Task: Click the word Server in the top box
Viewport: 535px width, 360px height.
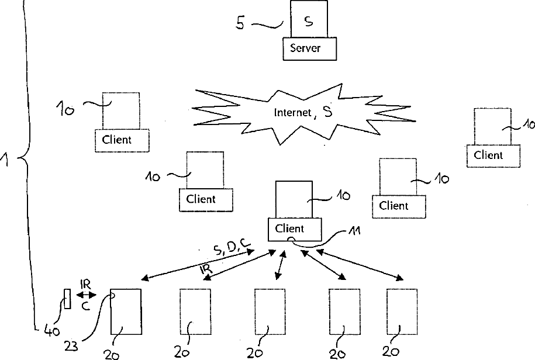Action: pyautogui.click(x=305, y=48)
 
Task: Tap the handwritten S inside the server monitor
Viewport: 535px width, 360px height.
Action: pyautogui.click(x=309, y=22)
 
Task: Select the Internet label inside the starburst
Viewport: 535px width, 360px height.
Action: pyautogui.click(x=293, y=112)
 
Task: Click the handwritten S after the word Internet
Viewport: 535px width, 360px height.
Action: pyautogui.click(x=327, y=112)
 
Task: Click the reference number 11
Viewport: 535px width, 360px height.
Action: pyautogui.click(x=354, y=231)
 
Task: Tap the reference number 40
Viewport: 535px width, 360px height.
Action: pyautogui.click(x=52, y=331)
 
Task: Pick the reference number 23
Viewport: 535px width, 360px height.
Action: pyautogui.click(x=71, y=347)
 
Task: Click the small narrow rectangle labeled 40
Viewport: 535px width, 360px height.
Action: pyautogui.click(x=68, y=299)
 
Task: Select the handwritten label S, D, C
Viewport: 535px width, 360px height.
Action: pyautogui.click(x=232, y=248)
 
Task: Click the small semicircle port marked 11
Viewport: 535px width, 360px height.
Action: pyautogui.click(x=289, y=240)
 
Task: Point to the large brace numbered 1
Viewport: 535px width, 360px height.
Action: pyautogui.click(x=27, y=158)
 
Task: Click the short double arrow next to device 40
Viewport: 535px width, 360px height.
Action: pyautogui.click(x=87, y=295)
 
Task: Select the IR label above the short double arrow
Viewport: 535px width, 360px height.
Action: pyautogui.click(x=85, y=284)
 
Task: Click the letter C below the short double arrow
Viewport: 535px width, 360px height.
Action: pyautogui.click(x=85, y=306)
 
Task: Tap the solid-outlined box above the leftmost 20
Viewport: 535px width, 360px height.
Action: pyautogui.click(x=126, y=312)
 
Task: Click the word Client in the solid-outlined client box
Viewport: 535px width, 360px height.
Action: pyautogui.click(x=289, y=229)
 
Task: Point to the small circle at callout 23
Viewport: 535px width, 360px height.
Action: pyautogui.click(x=113, y=296)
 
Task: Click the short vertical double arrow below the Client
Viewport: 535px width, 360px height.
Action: pyautogui.click(x=280, y=265)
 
